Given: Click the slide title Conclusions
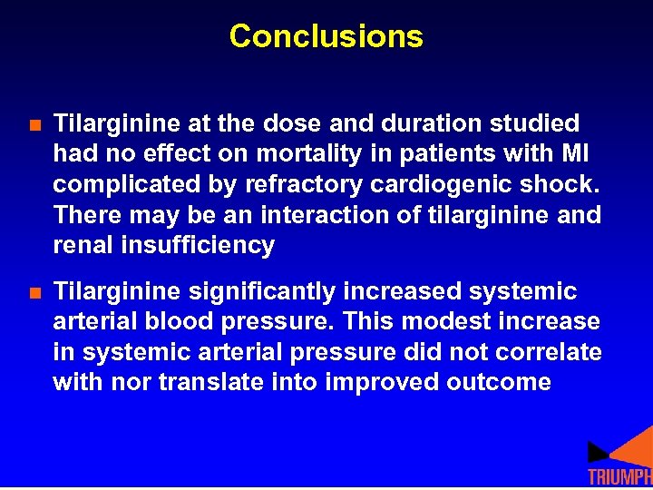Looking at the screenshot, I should [x=326, y=36].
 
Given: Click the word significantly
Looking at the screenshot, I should [x=265, y=291].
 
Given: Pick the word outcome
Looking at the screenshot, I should [x=499, y=382].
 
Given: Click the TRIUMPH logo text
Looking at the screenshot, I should [x=619, y=478].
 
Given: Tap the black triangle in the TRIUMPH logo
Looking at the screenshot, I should [x=598, y=451].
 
